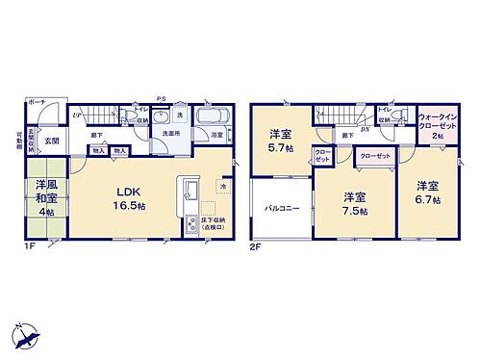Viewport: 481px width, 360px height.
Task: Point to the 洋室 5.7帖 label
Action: [x=280, y=141]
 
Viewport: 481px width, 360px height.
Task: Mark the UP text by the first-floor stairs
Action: [x=76, y=115]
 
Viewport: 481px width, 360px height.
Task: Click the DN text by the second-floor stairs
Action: [x=364, y=128]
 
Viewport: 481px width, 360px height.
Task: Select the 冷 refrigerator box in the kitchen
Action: [x=222, y=186]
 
